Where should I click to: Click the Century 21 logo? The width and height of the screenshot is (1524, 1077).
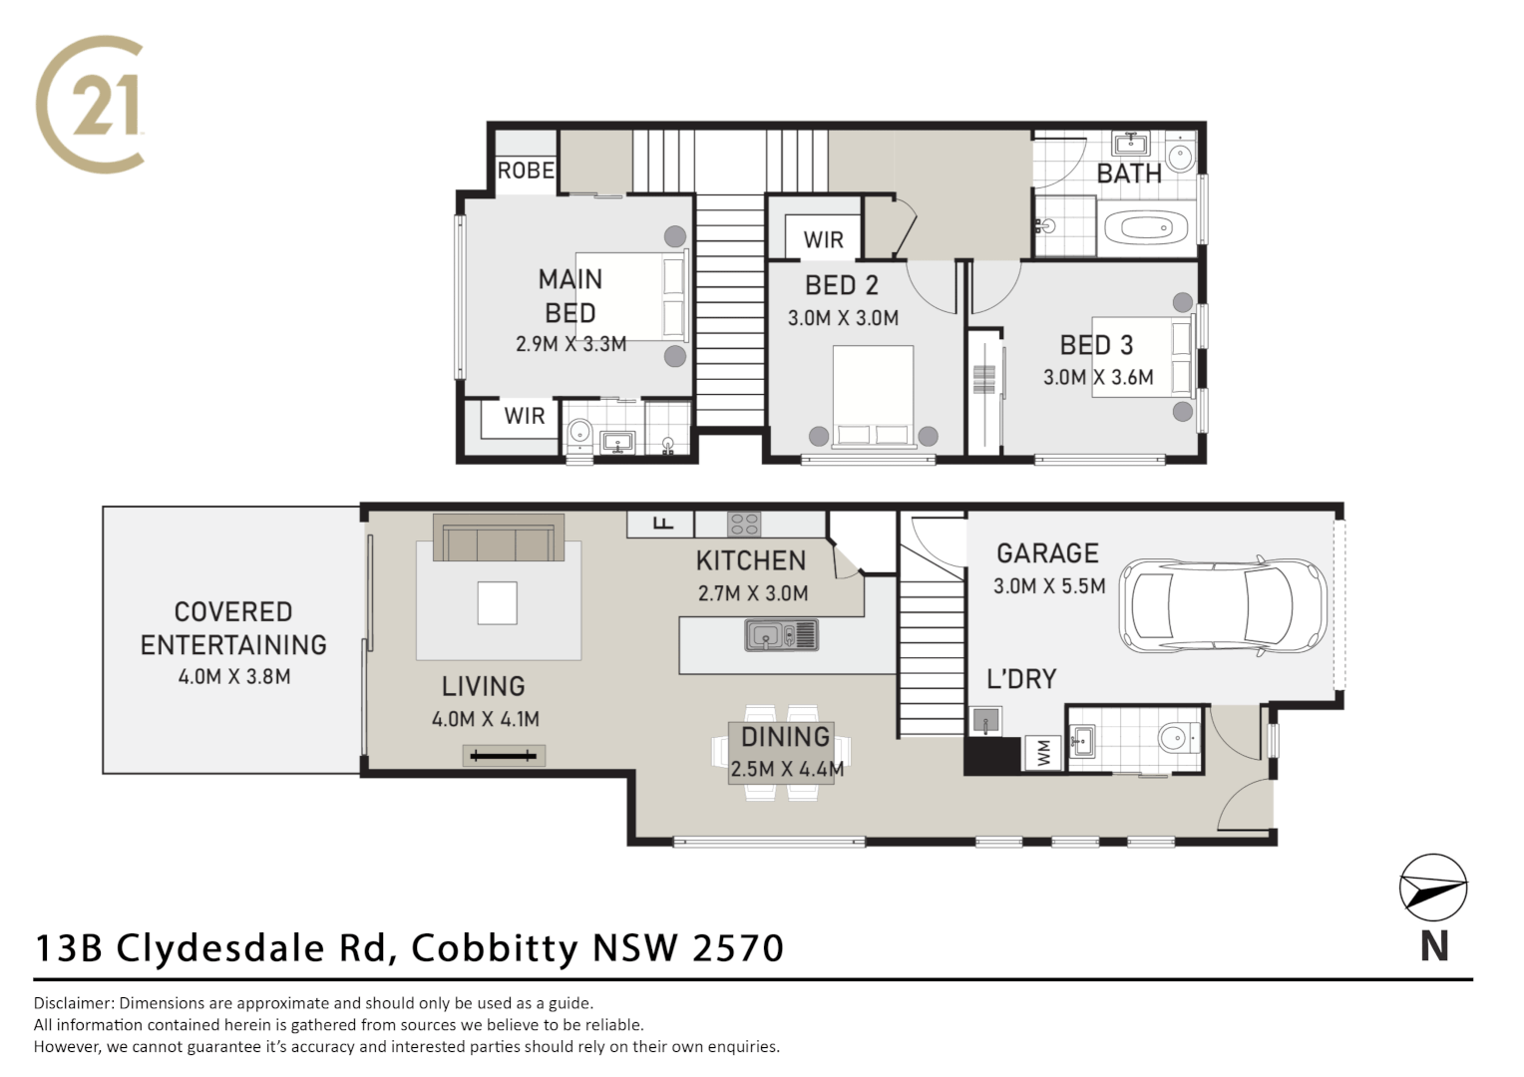pyautogui.click(x=91, y=104)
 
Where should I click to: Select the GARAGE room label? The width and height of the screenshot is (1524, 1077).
pyautogui.click(x=1047, y=553)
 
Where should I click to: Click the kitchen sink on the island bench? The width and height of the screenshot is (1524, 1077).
pyautogui.click(x=780, y=634)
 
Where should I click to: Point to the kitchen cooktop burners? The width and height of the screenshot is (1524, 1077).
pyautogui.click(x=743, y=524)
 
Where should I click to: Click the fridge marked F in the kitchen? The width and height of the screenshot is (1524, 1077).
pyautogui.click(x=661, y=524)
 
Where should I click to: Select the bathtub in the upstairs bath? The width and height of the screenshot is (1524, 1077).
pyautogui.click(x=1146, y=227)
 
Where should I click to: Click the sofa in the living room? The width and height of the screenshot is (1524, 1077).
pyautogui.click(x=499, y=539)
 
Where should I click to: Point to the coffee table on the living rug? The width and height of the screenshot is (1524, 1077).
pyautogui.click(x=497, y=603)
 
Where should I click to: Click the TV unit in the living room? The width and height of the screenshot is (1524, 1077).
pyautogui.click(x=504, y=756)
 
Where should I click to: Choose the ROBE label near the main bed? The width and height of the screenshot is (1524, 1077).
pyautogui.click(x=526, y=171)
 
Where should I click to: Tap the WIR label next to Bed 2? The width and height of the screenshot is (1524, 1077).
pyautogui.click(x=823, y=240)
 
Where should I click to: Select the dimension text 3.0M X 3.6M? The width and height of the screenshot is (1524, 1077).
pyautogui.click(x=1098, y=378)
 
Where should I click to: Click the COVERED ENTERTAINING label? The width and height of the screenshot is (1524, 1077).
pyautogui.click(x=233, y=628)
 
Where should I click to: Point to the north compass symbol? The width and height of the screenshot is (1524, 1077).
pyautogui.click(x=1433, y=886)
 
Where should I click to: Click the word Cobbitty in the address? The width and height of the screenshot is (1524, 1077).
pyautogui.click(x=494, y=947)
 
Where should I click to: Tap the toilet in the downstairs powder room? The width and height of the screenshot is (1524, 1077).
pyautogui.click(x=1175, y=739)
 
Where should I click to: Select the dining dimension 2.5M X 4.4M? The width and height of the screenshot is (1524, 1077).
pyautogui.click(x=787, y=769)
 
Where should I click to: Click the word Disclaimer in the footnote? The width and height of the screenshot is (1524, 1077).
pyautogui.click(x=74, y=1003)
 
